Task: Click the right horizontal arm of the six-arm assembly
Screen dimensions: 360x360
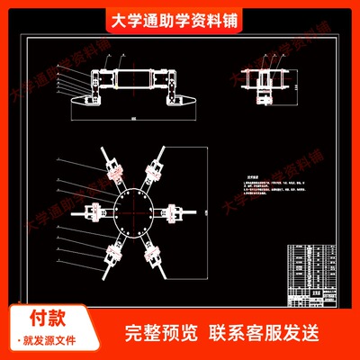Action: (x=179, y=212)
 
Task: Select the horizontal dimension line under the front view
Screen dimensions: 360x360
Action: (x=133, y=118)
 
